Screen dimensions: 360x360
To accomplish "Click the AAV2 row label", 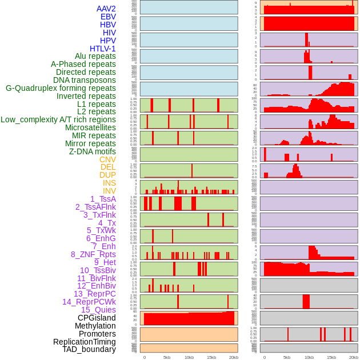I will [106, 9].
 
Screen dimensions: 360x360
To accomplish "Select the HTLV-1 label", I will [103, 49].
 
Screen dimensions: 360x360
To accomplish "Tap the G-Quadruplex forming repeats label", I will [61, 88].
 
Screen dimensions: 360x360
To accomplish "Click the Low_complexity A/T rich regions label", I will [58, 119].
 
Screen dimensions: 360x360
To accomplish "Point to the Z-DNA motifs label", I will [93, 151].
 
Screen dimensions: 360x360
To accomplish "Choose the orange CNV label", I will [107, 159].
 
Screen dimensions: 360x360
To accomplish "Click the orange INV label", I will [109, 191].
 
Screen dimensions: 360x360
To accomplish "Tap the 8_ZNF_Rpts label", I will [93, 254].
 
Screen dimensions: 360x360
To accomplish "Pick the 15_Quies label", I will [98, 310].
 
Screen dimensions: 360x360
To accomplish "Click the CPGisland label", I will [97, 318].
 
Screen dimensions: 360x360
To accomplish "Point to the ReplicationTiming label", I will [85, 342].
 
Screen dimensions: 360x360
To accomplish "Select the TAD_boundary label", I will [89, 349].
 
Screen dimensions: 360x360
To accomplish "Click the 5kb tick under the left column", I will [167, 357].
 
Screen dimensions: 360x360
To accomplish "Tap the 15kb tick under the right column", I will [331, 357].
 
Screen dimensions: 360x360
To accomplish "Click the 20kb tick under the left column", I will [233, 357].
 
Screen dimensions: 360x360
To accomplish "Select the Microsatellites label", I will [90, 127].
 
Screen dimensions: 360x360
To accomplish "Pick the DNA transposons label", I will [85, 80].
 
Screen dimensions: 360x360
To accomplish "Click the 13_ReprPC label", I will [95, 294].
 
